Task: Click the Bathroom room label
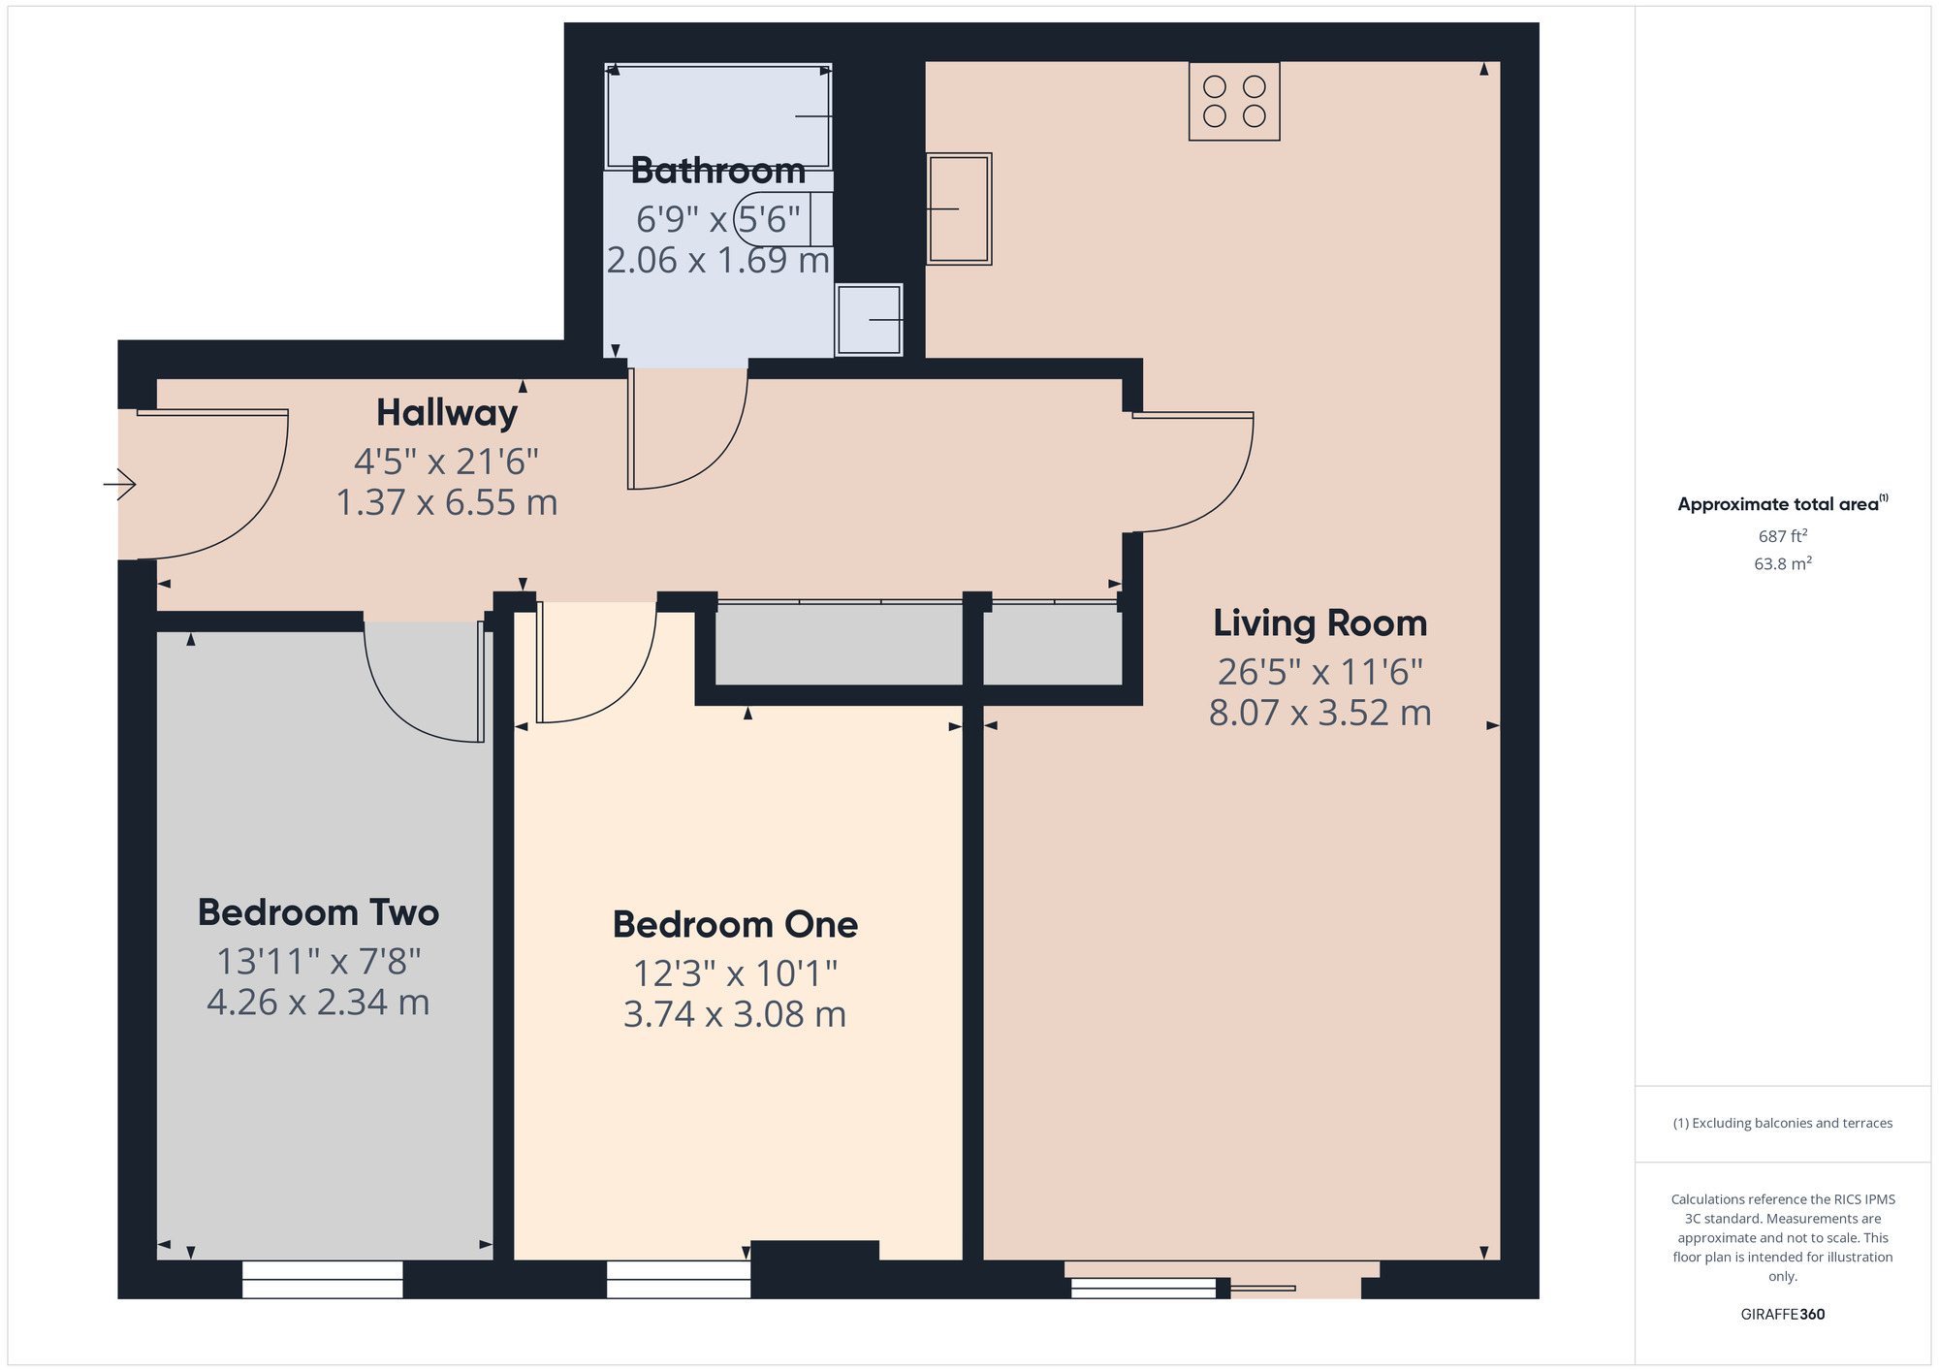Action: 718,171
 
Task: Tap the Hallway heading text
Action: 447,413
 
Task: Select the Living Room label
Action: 1320,623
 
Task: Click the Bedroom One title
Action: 735,925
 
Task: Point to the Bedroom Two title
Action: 318,912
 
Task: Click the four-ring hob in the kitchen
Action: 1234,102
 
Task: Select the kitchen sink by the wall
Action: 959,208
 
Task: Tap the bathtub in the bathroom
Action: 718,116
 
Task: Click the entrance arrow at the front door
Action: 119,484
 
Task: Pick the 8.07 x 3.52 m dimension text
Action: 1320,713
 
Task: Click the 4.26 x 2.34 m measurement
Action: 318,1002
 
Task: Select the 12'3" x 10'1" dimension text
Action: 735,972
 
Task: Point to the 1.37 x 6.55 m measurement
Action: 447,502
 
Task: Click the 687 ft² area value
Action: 1783,536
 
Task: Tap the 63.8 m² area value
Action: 1783,563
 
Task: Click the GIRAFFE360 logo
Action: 1783,1315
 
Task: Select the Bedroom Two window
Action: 323,1280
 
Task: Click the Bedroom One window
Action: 679,1280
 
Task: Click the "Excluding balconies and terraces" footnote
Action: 1783,1124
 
